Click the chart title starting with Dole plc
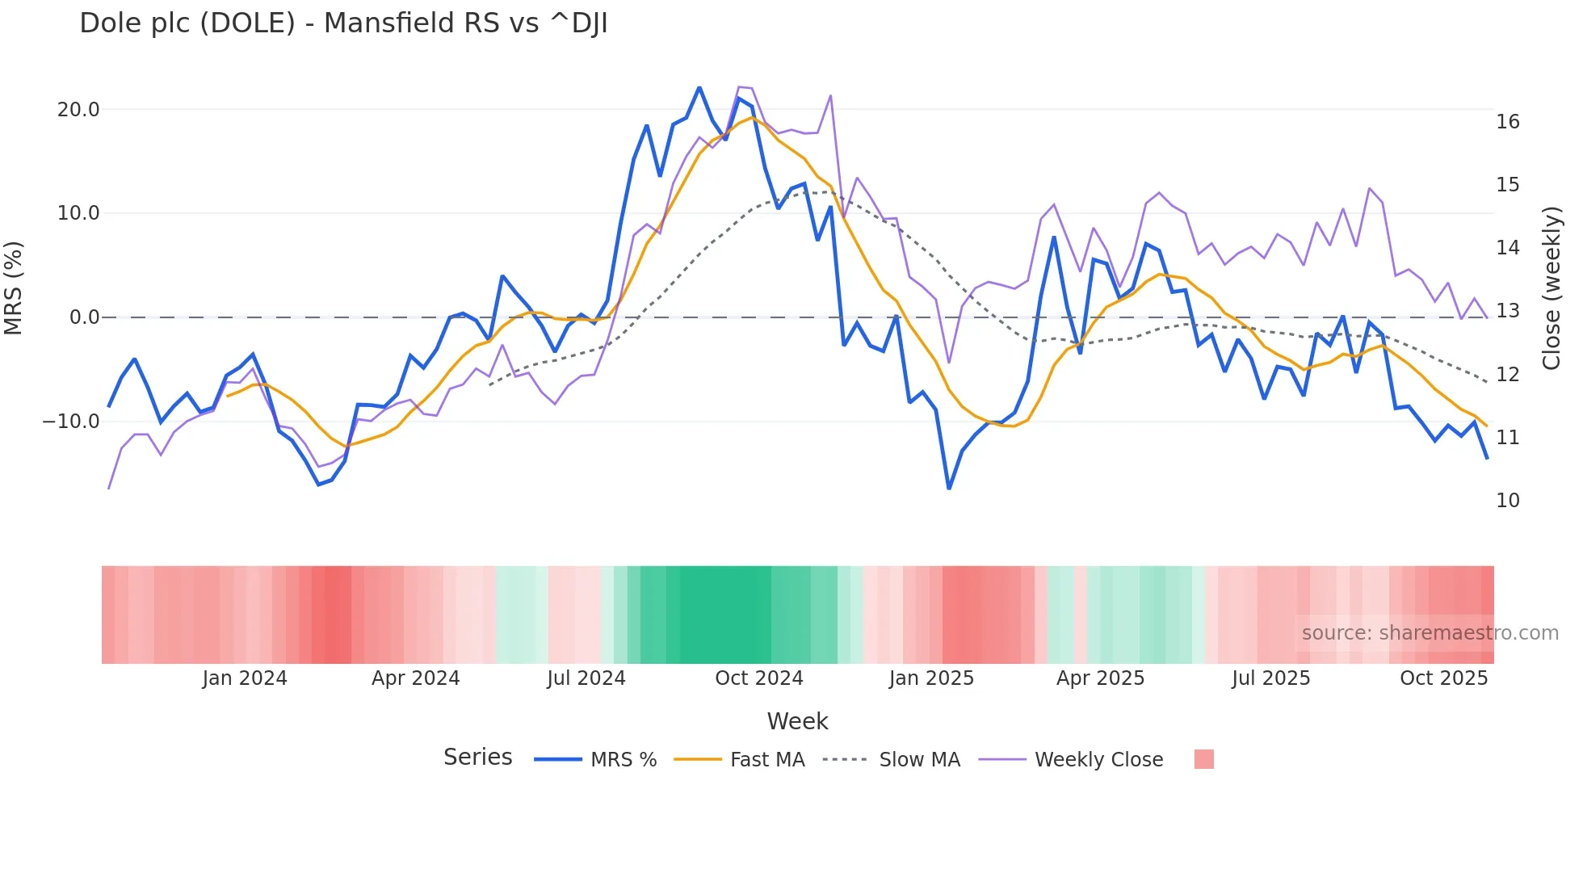pyautogui.click(x=343, y=23)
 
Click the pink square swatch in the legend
pyautogui.click(x=1203, y=759)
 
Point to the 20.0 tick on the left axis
pyautogui.click(x=78, y=110)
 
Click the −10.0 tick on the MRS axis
pyautogui.click(x=71, y=422)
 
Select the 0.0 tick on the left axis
pyautogui.click(x=85, y=317)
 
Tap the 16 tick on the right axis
pyautogui.click(x=1508, y=122)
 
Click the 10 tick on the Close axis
pyautogui.click(x=1508, y=501)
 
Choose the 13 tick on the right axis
pyautogui.click(x=1508, y=311)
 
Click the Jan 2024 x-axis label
pyautogui.click(x=245, y=678)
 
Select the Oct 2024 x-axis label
pyautogui.click(x=759, y=678)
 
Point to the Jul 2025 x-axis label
pyautogui.click(x=1271, y=678)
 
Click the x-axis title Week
pyautogui.click(x=797, y=721)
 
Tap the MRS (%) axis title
pyautogui.click(x=14, y=288)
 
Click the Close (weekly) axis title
pyautogui.click(x=1552, y=288)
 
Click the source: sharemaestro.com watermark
pyautogui.click(x=1430, y=633)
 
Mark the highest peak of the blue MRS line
pyautogui.click(x=699, y=87)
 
